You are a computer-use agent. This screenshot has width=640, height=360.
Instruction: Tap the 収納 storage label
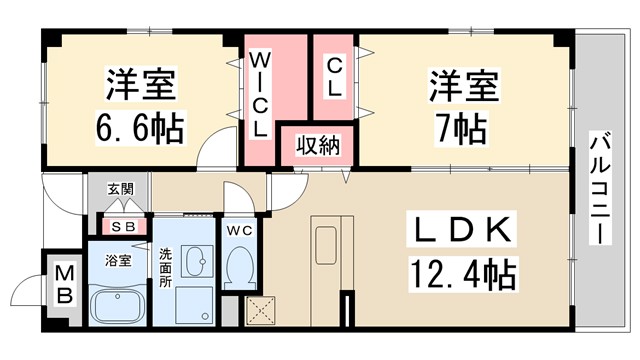[x=317, y=145]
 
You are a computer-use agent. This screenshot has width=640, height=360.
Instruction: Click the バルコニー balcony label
[x=600, y=190]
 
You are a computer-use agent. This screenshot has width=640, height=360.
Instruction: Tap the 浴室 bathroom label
[x=119, y=261]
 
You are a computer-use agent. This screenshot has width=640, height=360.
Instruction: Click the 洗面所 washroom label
[x=166, y=268]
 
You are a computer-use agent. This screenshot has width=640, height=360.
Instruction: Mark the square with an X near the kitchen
[x=260, y=312]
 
